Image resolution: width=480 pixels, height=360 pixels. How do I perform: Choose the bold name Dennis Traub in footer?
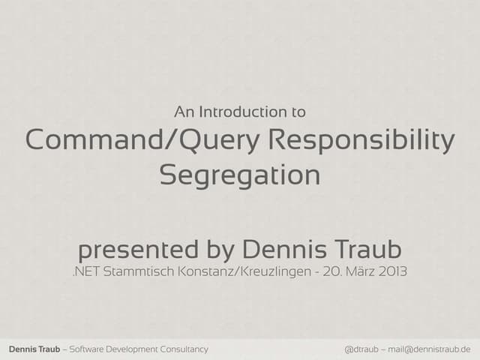pyautogui.click(x=32, y=349)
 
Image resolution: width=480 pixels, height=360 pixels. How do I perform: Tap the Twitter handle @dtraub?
pyautogui.click(x=361, y=349)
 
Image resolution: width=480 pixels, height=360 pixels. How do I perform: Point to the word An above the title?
pyautogui.click(x=183, y=112)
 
